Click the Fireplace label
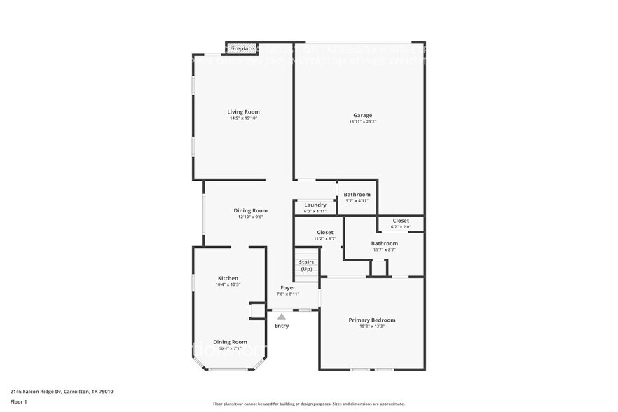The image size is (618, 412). tap(242, 49)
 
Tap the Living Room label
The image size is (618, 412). tap(243, 111)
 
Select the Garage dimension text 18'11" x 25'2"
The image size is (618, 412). tap(362, 122)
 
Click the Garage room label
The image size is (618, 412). tap(362, 115)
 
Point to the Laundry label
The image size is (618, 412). tap(315, 205)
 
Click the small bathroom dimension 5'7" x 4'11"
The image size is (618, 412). tap(357, 201)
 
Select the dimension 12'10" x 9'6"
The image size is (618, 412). tap(250, 217)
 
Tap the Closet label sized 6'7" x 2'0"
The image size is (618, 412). tap(401, 221)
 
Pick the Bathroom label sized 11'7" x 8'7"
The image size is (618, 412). tap(384, 243)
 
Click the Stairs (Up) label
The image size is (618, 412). tap(306, 266)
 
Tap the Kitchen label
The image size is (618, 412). tap(228, 277)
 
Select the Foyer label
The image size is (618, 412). tap(287, 287)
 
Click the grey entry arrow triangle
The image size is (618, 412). tap(282, 317)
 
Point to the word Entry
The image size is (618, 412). tap(282, 326)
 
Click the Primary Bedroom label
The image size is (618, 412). tap(372, 320)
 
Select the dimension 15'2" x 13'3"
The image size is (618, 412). tap(372, 327)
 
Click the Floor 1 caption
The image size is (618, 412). tap(18, 402)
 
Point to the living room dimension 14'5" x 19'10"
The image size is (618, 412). tap(243, 118)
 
